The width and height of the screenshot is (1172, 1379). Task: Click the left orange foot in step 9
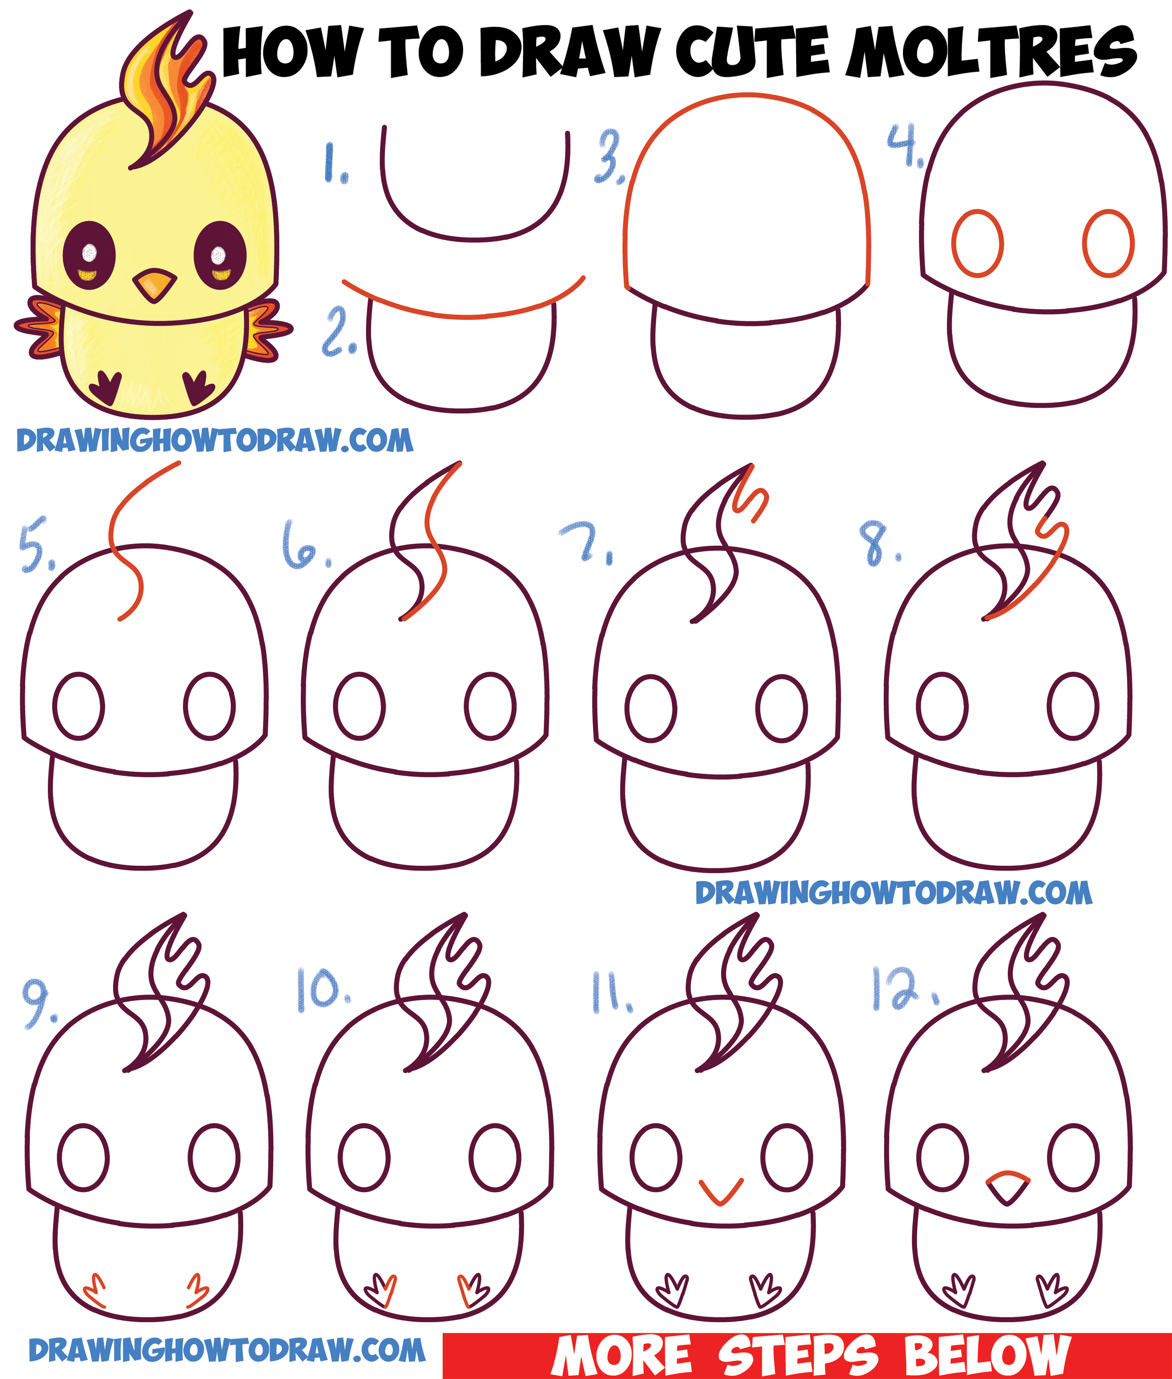click(x=94, y=1290)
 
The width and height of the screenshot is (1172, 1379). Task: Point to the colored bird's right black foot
click(x=198, y=387)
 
